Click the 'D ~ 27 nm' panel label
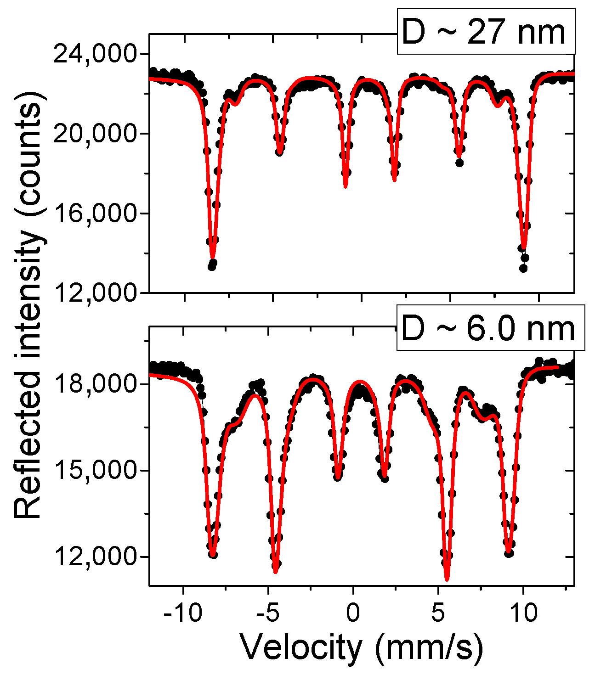click(x=486, y=32)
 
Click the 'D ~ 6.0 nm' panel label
click(x=491, y=328)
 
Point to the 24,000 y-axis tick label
click(x=95, y=55)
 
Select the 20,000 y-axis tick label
click(x=95, y=134)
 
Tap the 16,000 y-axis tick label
click(x=95, y=213)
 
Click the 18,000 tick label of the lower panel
click(x=95, y=384)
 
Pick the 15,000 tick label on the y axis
click(x=95, y=470)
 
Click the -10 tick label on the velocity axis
click(x=183, y=613)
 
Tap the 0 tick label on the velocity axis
click(x=353, y=613)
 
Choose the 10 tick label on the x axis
click(x=523, y=613)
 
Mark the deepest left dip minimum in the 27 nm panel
click(x=212, y=260)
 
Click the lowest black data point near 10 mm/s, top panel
click(x=523, y=268)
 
